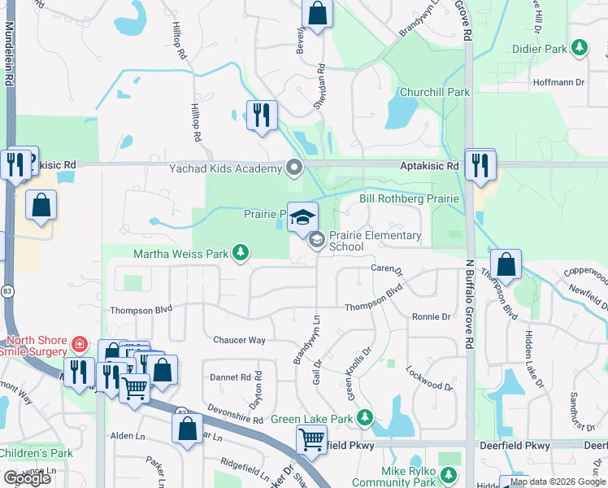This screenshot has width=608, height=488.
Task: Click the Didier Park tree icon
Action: click(580, 49)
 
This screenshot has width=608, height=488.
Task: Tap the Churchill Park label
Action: click(435, 92)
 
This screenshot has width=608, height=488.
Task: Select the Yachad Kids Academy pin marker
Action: click(294, 169)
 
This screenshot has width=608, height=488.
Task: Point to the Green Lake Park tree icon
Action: click(366, 419)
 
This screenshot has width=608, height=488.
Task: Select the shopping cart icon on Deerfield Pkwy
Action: click(312, 440)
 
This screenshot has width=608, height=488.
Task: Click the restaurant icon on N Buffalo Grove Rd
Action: click(480, 165)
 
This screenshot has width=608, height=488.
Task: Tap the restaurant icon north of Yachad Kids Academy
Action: click(261, 115)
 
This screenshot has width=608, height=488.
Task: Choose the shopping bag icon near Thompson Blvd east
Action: click(506, 264)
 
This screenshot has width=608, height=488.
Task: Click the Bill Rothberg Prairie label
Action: click(410, 198)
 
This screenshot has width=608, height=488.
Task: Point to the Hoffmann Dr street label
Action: click(558, 82)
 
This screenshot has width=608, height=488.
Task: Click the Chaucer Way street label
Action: click(239, 340)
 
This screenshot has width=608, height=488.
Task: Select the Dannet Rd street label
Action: click(230, 377)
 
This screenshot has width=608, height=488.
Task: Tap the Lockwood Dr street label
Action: click(428, 381)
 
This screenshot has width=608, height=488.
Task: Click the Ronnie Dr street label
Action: click(431, 317)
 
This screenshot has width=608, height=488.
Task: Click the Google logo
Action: click(27, 478)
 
